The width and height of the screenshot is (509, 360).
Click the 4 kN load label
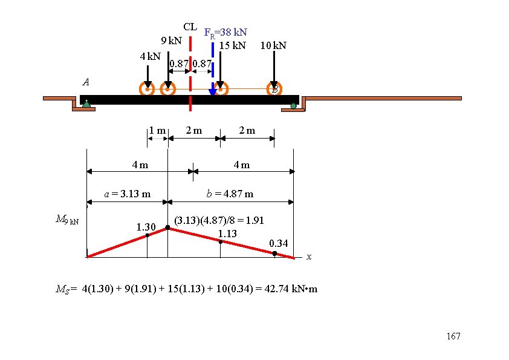point(150,57)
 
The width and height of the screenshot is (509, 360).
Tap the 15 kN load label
point(233,45)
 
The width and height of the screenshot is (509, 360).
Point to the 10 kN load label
point(273,45)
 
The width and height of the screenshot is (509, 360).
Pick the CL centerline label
point(190,27)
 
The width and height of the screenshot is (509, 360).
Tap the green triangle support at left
point(86,104)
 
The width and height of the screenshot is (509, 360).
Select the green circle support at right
point(294,106)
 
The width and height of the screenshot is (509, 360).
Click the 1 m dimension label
point(158,130)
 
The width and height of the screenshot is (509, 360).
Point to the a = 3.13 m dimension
point(127,194)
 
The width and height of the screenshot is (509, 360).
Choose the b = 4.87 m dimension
point(230,194)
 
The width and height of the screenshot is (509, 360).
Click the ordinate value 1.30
point(146,227)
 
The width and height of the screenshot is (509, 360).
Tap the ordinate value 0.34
point(279,243)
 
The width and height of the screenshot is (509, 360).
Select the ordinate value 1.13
point(227,234)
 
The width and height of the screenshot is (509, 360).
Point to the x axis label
point(309,257)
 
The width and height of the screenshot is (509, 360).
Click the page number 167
point(453,337)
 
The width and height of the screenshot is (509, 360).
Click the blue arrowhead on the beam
point(212,93)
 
